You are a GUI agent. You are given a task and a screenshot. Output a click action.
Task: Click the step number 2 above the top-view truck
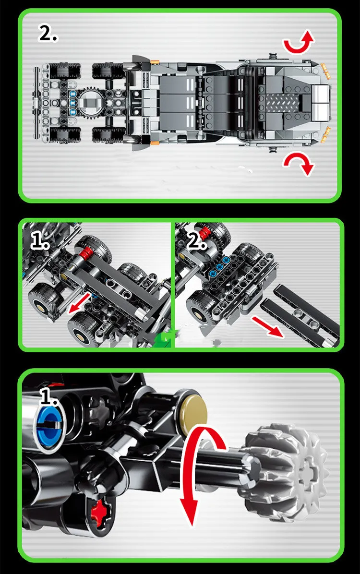[48, 34]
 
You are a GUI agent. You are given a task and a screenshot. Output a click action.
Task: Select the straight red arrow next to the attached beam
[80, 303]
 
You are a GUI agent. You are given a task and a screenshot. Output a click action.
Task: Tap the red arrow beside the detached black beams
[267, 327]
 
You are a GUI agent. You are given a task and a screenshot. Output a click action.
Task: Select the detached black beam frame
[300, 315]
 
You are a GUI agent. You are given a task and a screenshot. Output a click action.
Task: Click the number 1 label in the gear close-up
[48, 397]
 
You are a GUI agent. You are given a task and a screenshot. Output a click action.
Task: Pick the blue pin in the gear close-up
[50, 427]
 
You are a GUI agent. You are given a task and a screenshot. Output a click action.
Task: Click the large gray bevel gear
[282, 473]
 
